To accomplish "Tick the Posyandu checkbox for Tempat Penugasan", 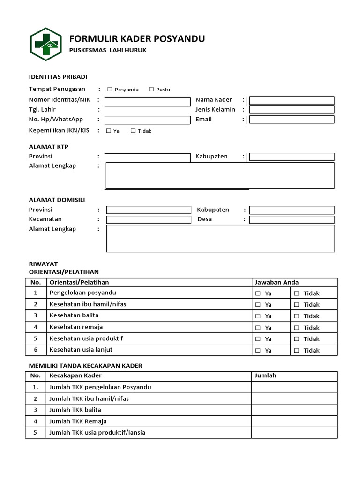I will [110, 89].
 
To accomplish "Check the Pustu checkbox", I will [151, 89].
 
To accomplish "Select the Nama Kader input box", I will [292, 100].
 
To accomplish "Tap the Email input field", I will [292, 120].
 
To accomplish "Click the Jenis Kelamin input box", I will [292, 110].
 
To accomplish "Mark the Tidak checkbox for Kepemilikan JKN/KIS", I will [133, 131].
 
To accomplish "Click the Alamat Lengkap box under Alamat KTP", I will [220, 175].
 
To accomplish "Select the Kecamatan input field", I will [149, 219].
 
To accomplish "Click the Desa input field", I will [292, 219].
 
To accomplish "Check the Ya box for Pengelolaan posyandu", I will [258, 293].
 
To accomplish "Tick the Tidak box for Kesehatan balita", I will [296, 316].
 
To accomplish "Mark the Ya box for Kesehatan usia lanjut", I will [258, 351].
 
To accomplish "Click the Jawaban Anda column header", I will [277, 282].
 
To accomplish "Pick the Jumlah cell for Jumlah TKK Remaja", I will [294, 421].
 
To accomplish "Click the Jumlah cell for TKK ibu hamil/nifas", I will [294, 398].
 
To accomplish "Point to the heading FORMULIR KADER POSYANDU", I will [137, 38].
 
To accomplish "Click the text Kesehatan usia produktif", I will [86, 338].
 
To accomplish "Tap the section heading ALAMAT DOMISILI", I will [57, 200].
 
